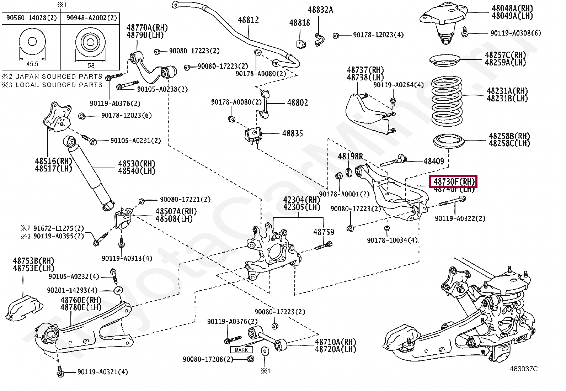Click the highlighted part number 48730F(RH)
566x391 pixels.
[454, 182]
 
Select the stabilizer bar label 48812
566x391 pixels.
[248, 20]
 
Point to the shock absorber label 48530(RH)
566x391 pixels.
[137, 164]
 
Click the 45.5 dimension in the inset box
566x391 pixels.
[32, 64]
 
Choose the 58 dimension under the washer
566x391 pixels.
[91, 65]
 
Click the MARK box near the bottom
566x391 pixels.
[241, 350]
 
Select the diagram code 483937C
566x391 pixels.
[523, 369]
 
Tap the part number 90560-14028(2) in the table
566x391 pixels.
[31, 18]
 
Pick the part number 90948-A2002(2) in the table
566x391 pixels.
[91, 18]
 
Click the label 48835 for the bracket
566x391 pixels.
[292, 134]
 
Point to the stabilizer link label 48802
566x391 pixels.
[297, 103]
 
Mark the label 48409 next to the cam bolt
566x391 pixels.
[433, 162]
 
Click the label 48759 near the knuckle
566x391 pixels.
[324, 232]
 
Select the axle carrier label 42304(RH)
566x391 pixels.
[301, 200]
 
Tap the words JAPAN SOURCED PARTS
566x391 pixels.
[59, 76]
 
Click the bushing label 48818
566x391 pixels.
[299, 23]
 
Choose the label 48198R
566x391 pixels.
[350, 157]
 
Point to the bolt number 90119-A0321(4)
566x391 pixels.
[102, 372]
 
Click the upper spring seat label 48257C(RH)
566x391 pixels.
[505, 55]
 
